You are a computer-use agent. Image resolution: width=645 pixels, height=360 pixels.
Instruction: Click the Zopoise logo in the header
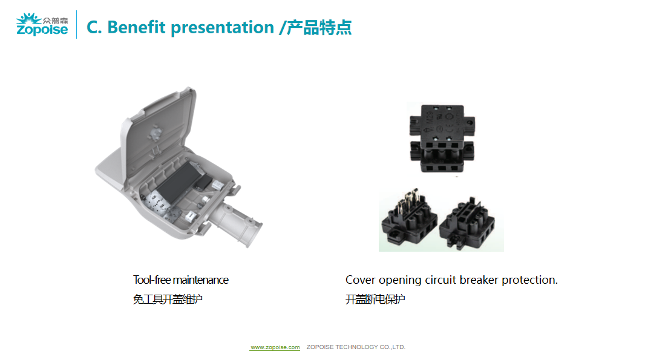click(x=42, y=24)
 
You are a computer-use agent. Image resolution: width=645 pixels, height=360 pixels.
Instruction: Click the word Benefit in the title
click(x=136, y=27)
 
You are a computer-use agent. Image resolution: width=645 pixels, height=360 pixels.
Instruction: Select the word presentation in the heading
click(x=222, y=28)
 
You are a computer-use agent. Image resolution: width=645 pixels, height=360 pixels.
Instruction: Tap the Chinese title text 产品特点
click(x=319, y=28)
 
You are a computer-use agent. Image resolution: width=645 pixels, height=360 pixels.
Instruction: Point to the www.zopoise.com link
click(x=275, y=347)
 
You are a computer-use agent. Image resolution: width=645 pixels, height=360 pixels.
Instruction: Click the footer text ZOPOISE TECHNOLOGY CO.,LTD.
click(x=356, y=347)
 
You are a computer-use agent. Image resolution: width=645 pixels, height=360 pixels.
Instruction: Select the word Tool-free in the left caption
click(x=152, y=280)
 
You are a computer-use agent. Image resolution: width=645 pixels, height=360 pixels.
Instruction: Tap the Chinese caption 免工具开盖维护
click(x=168, y=299)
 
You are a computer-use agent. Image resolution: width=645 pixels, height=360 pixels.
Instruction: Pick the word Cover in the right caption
click(x=361, y=280)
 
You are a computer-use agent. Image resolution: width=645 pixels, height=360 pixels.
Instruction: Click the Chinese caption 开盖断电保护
click(x=375, y=299)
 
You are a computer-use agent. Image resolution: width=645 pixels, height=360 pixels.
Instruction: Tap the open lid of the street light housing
click(x=159, y=129)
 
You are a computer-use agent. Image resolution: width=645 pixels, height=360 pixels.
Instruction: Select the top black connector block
click(x=442, y=138)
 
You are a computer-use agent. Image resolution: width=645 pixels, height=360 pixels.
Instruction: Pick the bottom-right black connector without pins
click(x=467, y=223)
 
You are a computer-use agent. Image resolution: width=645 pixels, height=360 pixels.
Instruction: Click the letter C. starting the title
click(x=94, y=28)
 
